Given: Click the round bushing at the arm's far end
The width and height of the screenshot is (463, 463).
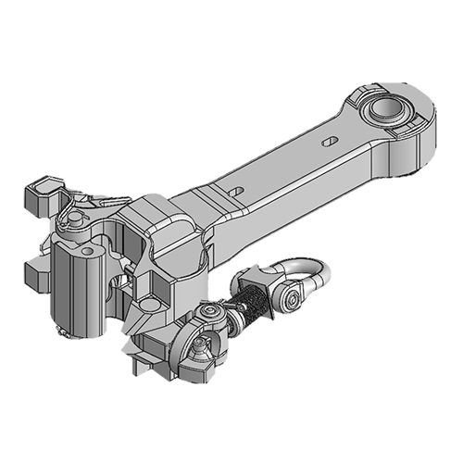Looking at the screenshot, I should (384, 111).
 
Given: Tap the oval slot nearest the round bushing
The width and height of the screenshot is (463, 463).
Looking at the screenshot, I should (330, 142).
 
